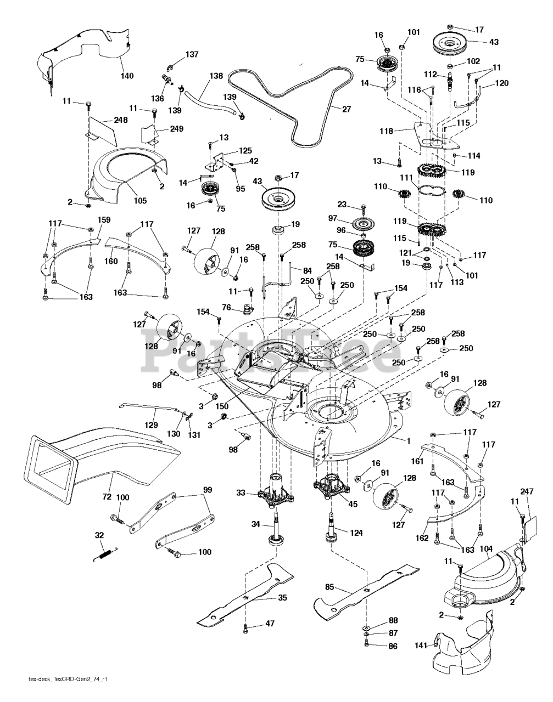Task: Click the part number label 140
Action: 127,76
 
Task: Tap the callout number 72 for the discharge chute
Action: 107,496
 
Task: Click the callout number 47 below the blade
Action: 270,624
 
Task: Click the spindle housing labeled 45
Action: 332,486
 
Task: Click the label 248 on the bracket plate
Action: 121,120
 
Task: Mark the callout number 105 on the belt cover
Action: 140,201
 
